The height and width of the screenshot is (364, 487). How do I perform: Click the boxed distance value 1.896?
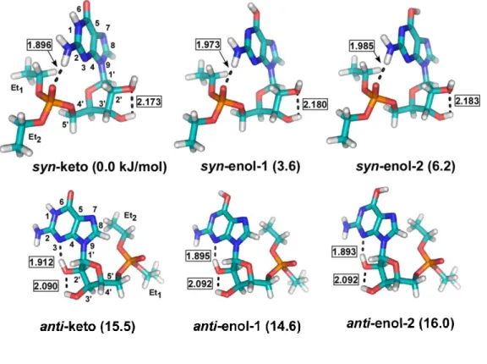(39, 46)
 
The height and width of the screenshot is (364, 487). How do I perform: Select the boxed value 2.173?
(149, 102)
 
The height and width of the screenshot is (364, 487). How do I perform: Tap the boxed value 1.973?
(208, 45)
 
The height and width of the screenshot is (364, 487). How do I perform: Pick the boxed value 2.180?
(315, 104)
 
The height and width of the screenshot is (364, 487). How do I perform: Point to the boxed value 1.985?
(362, 46)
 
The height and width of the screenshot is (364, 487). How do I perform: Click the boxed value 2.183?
(468, 101)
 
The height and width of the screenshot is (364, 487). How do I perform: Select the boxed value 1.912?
(41, 262)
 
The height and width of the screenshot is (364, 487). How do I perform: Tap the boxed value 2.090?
(46, 285)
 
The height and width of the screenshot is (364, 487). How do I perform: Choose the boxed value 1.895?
(199, 256)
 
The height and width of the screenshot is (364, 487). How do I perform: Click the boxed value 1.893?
(344, 251)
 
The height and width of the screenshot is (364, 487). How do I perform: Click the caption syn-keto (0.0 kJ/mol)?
(100, 167)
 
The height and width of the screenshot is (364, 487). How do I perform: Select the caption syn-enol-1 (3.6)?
(250, 166)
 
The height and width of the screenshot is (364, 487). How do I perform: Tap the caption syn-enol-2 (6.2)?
(405, 166)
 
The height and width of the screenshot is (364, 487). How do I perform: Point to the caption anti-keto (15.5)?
(88, 327)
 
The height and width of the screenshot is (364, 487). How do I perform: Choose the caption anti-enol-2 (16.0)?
(400, 323)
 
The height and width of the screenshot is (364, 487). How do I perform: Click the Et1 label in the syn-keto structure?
(18, 89)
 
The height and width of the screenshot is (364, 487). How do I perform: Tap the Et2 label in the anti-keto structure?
(130, 216)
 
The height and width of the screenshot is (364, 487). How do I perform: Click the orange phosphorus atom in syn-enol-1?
(222, 100)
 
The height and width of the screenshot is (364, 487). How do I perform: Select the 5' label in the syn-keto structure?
(66, 124)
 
